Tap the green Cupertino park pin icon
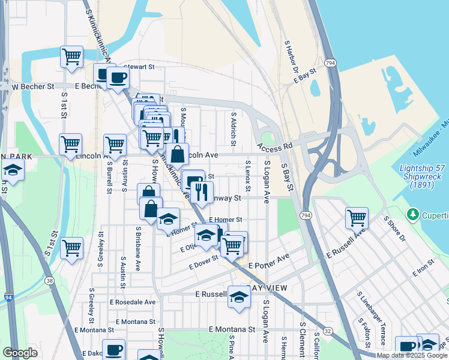pyautogui.click(x=412, y=214)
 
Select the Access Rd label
pyautogui.click(x=275, y=146)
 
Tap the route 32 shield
pyautogui.click(x=328, y=330)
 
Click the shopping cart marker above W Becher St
pyautogui.click(x=71, y=56)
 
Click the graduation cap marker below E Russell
pyautogui.click(x=239, y=297)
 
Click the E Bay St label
pyautogui.click(x=301, y=79)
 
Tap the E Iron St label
pyautogui.click(x=423, y=269)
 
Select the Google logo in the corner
pyautogui.click(x=20, y=352)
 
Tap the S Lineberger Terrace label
pyautogui.click(x=371, y=319)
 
